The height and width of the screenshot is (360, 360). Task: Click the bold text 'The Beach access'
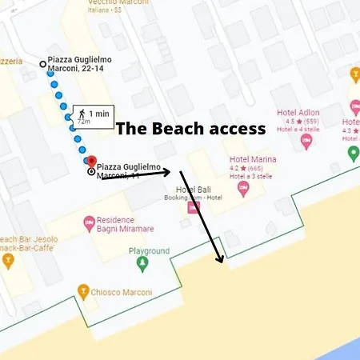point(191,128)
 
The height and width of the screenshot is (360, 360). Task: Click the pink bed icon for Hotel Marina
point(243,188)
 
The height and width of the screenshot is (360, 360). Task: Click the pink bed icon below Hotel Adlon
point(306,142)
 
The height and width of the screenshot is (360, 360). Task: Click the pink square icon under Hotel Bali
point(193,207)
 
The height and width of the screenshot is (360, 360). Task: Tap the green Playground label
point(150,250)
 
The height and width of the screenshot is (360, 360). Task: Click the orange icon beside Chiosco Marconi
point(82,290)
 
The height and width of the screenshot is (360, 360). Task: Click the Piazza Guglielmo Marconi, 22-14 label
point(80,64)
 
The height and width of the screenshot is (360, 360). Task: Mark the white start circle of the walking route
point(43,63)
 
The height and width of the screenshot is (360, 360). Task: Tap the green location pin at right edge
point(353,152)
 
